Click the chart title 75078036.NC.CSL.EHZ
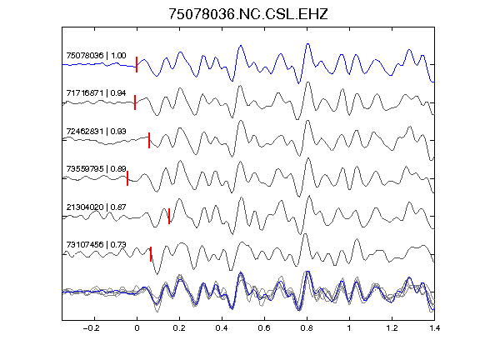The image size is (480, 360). (x=248, y=14)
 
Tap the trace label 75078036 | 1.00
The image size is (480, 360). (x=96, y=55)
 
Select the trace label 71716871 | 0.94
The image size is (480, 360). (x=96, y=93)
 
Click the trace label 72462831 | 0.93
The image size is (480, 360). (x=96, y=131)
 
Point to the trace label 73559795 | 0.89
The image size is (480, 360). (x=96, y=169)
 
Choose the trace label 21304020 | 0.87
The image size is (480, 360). (x=96, y=207)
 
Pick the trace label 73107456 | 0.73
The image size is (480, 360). (x=96, y=245)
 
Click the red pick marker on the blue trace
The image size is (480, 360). (x=137, y=64)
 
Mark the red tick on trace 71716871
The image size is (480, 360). (x=135, y=102)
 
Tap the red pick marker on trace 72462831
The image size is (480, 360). (x=149, y=140)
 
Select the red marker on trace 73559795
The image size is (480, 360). (x=127, y=178)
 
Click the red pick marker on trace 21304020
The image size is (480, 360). (x=169, y=216)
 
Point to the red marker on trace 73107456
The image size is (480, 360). (x=151, y=254)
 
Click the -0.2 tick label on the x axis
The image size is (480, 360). (x=92, y=328)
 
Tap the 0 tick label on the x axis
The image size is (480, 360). (x=137, y=328)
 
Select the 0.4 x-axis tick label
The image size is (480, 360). (x=222, y=328)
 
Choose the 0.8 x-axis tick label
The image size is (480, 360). (x=307, y=328)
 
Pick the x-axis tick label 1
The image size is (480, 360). (x=349, y=328)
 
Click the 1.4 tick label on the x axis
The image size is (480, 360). (x=434, y=328)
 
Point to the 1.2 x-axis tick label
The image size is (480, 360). (x=392, y=328)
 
